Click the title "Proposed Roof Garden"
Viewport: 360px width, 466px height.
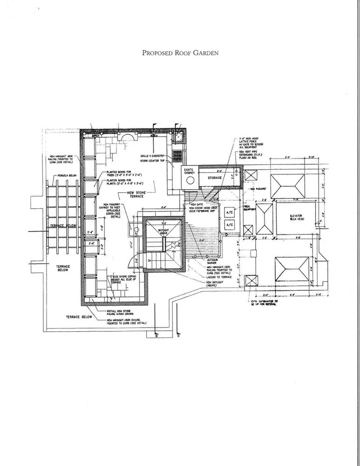180,53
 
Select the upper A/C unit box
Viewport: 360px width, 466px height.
230,212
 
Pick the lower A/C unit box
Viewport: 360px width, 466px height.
230,225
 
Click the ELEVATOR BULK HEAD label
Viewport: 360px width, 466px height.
297,217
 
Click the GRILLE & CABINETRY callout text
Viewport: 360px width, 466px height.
151,156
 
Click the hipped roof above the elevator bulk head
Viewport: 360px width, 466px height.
288,185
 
